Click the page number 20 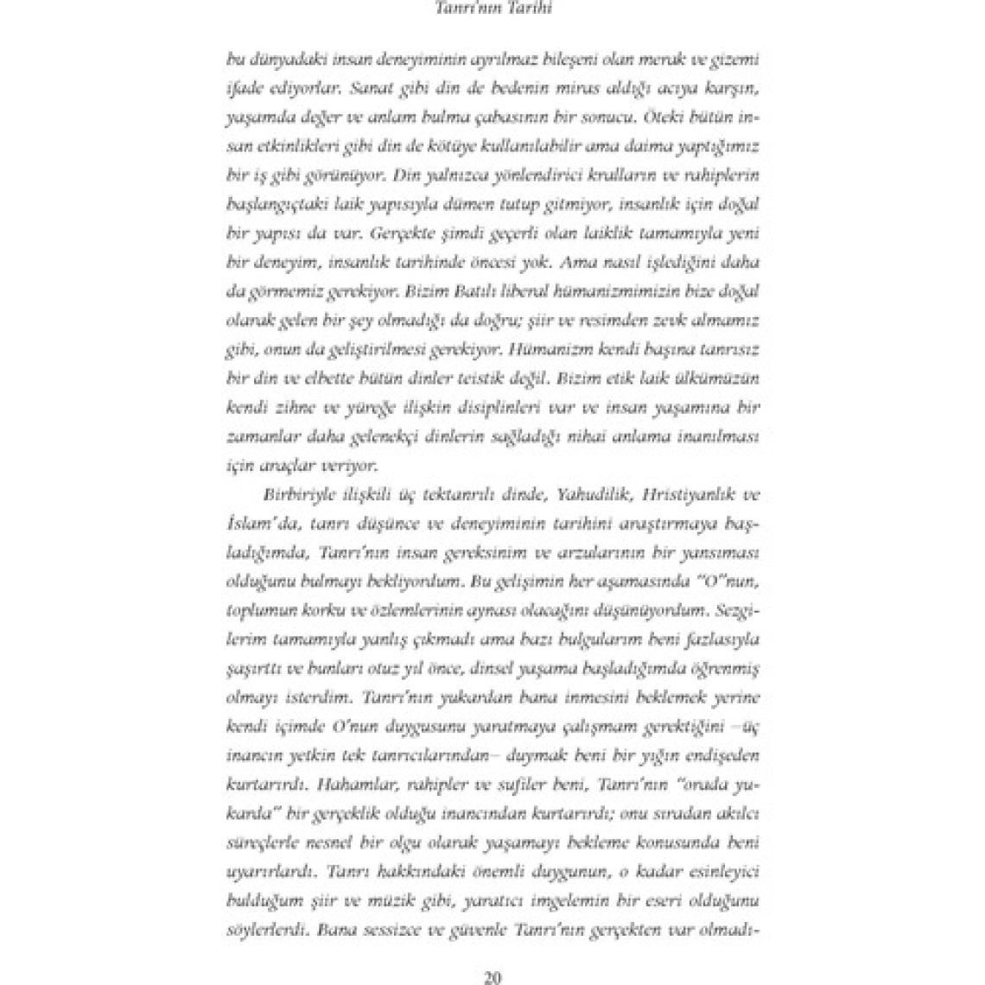click(x=492, y=978)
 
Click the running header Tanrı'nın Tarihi click(x=491, y=10)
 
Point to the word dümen click(x=467, y=204)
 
